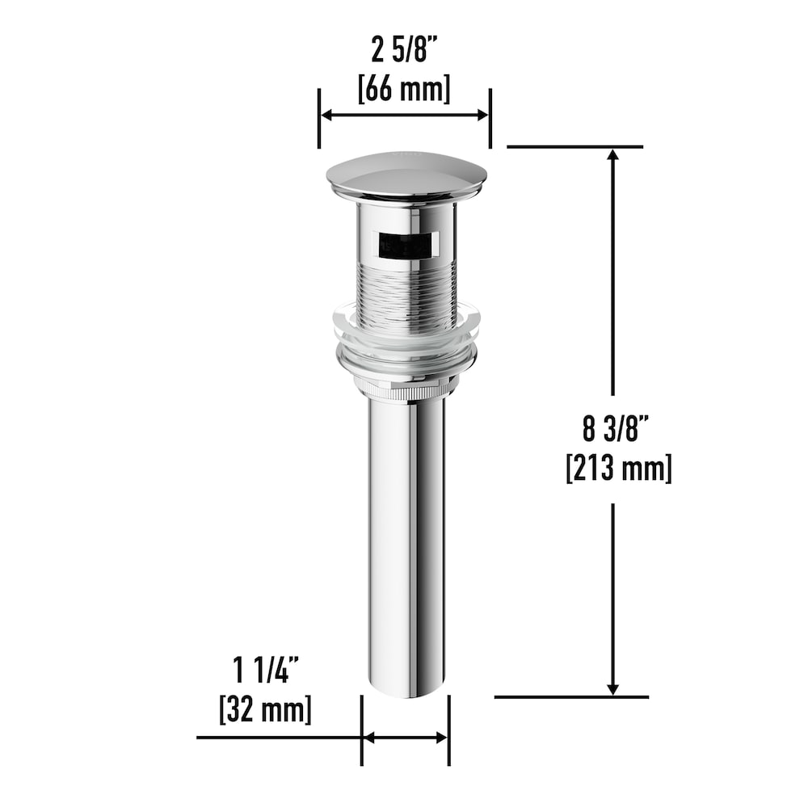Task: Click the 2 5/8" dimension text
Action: point(405,52)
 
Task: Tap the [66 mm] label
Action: point(404,87)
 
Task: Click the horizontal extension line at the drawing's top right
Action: point(574,146)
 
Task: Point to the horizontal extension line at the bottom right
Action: point(570,696)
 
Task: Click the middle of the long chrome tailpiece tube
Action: point(406,541)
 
